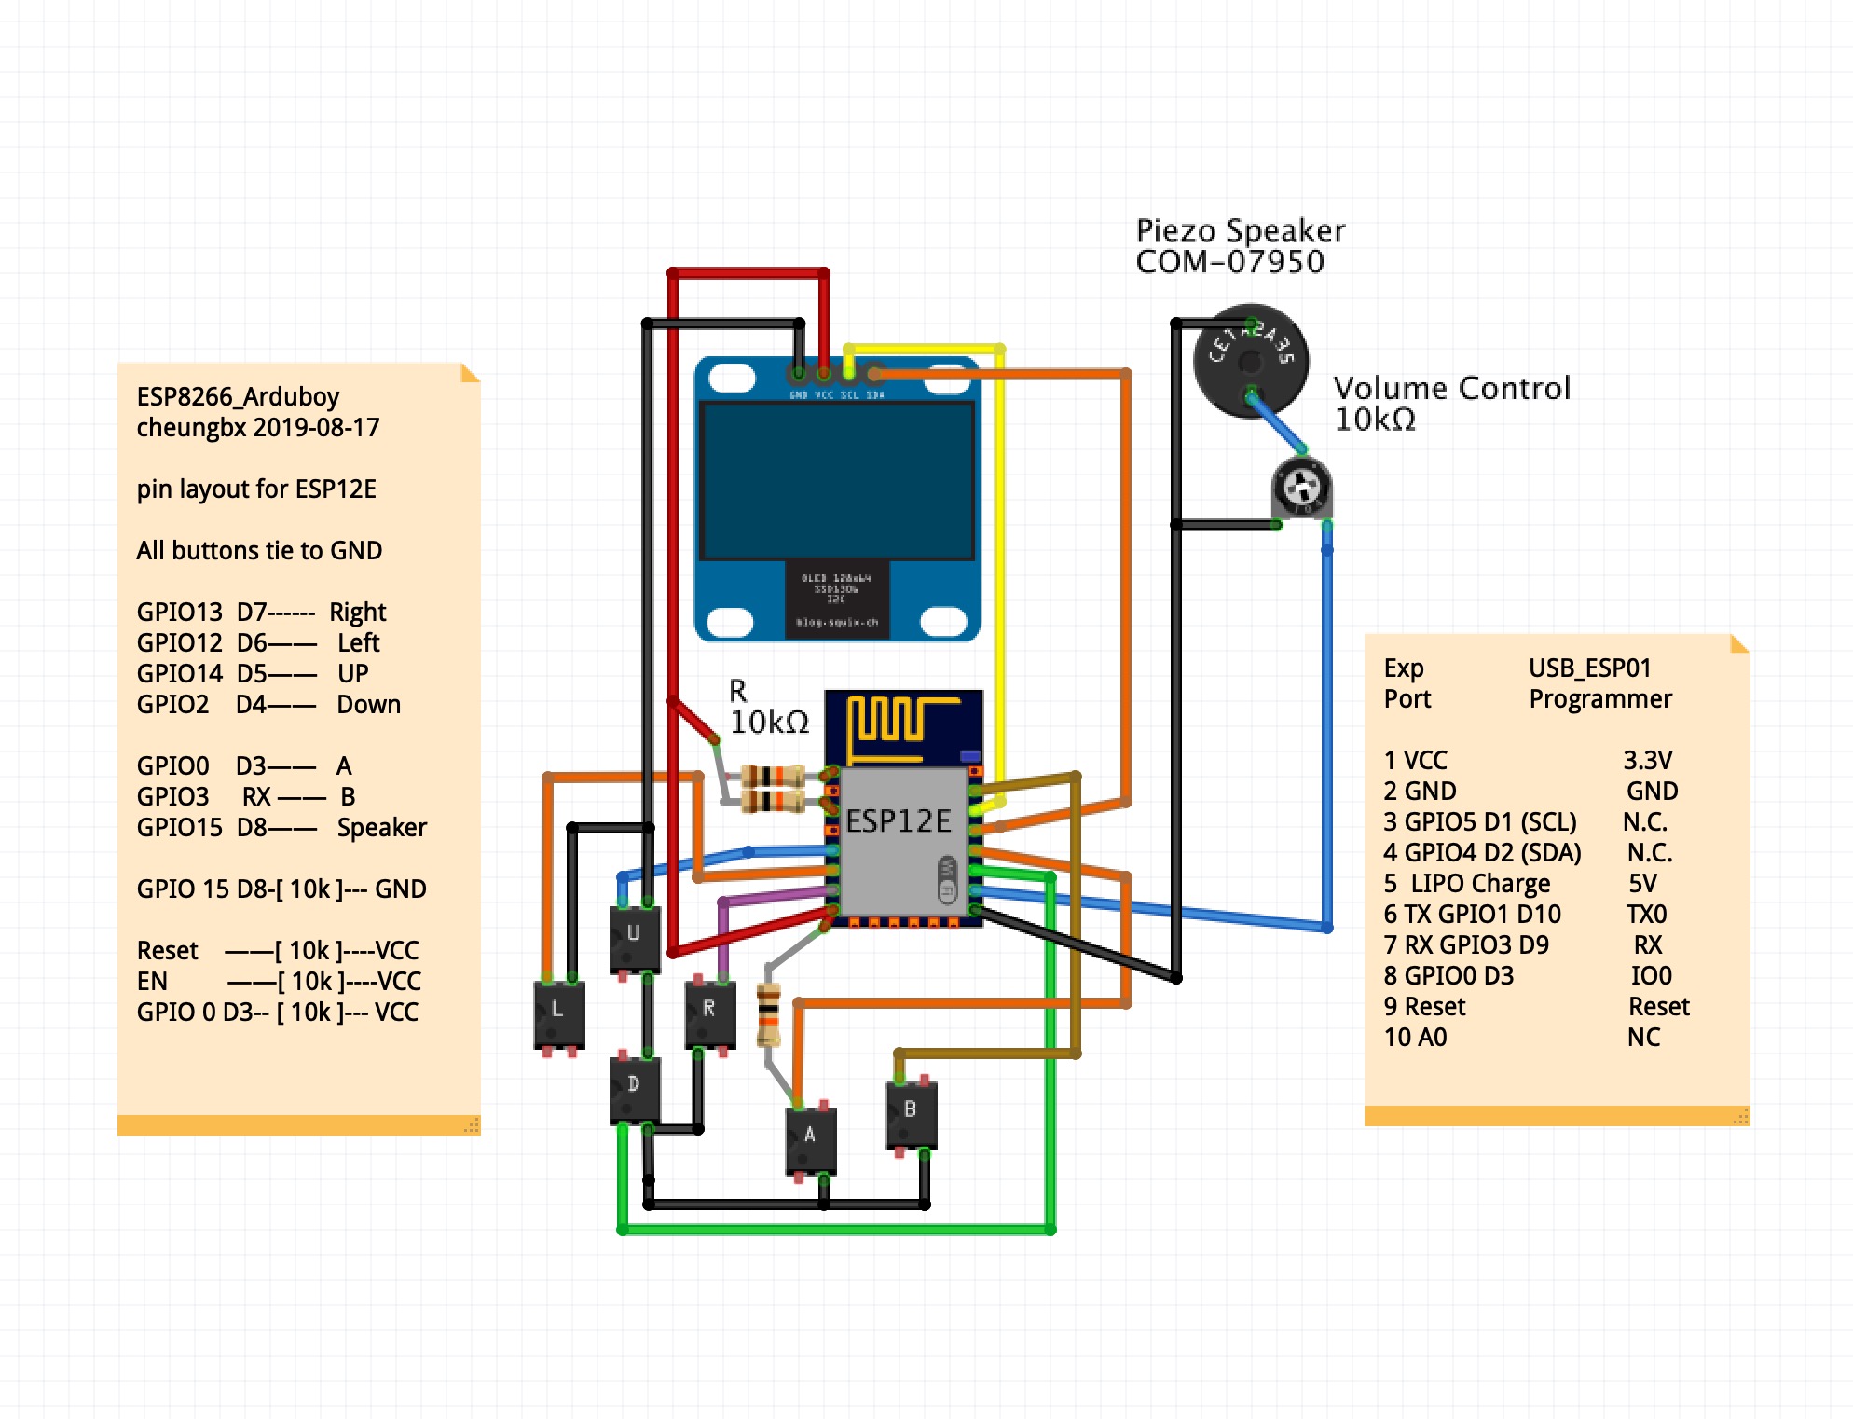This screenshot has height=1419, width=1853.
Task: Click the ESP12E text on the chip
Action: [x=898, y=821]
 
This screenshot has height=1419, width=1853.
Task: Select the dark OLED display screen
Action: [x=836, y=480]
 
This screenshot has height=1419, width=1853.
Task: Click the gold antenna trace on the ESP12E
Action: [x=895, y=723]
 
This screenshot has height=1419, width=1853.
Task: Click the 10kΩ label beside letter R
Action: [x=769, y=723]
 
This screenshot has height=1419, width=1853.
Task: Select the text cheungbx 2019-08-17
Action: [x=257, y=428]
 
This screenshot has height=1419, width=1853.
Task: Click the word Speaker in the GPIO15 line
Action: [x=381, y=828]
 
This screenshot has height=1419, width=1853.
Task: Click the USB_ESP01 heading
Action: [x=1589, y=668]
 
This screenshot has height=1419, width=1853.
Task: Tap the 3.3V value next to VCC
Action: [x=1647, y=761]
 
